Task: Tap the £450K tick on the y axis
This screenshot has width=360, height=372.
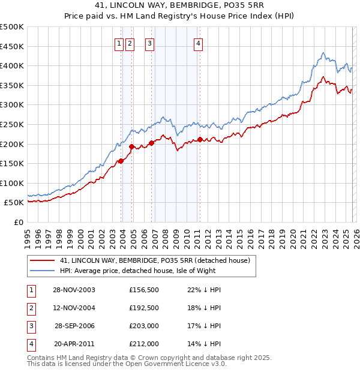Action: click(x=12, y=46)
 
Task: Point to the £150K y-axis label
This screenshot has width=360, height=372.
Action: click(x=12, y=163)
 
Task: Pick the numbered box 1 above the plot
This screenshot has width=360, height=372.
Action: click(x=119, y=43)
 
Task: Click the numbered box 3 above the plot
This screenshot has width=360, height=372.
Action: click(x=149, y=43)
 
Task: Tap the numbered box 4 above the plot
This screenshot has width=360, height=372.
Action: click(x=198, y=43)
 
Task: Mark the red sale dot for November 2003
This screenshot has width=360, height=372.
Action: click(x=121, y=161)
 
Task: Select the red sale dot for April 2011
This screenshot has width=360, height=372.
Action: click(x=200, y=139)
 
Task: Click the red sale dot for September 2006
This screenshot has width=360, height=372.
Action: click(x=151, y=143)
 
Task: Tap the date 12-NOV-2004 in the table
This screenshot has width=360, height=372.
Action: click(x=74, y=308)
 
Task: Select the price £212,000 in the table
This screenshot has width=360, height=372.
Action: click(x=143, y=344)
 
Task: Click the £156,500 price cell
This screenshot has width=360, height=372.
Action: click(x=143, y=290)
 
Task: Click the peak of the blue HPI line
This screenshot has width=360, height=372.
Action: click(x=323, y=53)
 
